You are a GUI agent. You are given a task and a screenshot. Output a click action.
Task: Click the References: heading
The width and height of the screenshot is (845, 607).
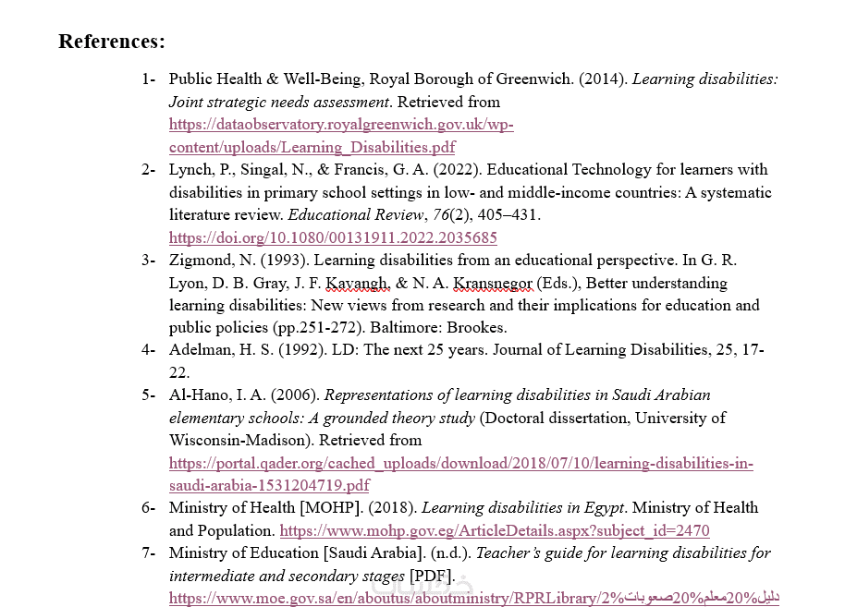pos(112,42)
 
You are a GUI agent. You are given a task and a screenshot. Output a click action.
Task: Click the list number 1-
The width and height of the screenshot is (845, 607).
pos(148,79)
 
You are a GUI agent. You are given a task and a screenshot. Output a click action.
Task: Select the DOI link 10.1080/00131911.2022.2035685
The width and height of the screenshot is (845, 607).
pos(333,237)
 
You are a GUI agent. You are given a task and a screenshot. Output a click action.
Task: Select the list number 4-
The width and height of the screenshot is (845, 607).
pos(148,350)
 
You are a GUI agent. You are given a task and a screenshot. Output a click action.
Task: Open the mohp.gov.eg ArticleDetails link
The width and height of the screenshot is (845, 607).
pos(494,530)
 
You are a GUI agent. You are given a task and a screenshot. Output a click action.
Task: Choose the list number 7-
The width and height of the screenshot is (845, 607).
pos(148,553)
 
